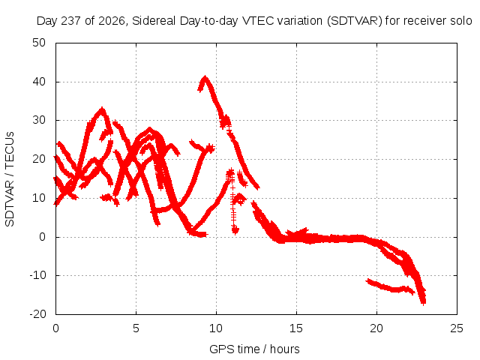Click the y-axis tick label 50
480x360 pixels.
tap(39, 43)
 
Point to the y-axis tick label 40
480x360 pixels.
tap(39, 82)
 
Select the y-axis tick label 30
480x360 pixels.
tap(39, 120)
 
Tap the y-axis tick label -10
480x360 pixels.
tap(37, 275)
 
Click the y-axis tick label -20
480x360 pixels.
tap(37, 314)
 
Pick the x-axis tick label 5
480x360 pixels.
tap(136, 328)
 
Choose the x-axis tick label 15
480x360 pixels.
tap(296, 328)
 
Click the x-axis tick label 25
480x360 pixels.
tap(457, 328)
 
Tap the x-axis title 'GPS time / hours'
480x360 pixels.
tap(254, 349)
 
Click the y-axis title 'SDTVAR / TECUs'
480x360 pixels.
tap(10, 179)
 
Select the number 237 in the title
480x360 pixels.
tap(71, 21)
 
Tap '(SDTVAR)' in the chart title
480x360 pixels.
tap(355, 21)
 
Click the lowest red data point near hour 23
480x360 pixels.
tap(423, 304)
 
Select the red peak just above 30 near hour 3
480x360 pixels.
tap(102, 109)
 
